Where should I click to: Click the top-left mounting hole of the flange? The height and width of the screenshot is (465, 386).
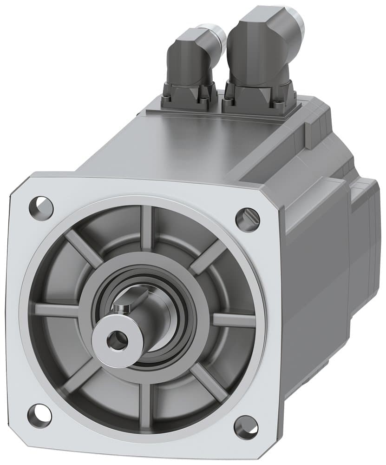(x=41, y=205)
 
